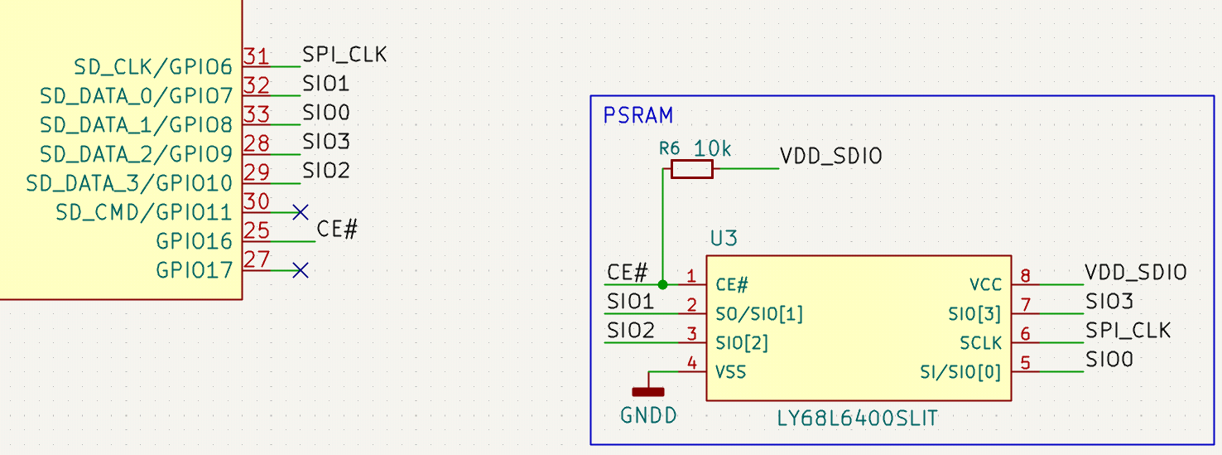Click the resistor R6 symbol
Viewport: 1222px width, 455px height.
pos(692,169)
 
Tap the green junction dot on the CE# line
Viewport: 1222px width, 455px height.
pos(663,284)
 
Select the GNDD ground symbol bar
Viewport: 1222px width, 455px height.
pos(648,392)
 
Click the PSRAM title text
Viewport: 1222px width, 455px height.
pos(637,115)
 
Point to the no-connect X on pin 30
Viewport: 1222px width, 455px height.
pos(301,212)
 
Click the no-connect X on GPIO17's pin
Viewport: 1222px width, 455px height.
pos(301,270)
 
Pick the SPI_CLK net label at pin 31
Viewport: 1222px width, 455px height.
pos(344,55)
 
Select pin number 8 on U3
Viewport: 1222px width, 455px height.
pos(1025,275)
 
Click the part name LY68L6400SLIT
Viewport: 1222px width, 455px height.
pos(857,419)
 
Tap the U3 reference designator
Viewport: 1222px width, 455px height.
pos(724,238)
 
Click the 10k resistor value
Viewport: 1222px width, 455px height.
pos(712,148)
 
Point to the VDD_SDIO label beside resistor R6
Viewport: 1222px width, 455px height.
pos(831,157)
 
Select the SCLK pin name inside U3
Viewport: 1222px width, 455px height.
pos(980,343)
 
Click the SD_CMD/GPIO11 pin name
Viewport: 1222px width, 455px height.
pos(144,212)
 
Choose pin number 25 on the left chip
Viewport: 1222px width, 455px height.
pos(257,230)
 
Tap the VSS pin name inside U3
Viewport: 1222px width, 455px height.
pos(730,372)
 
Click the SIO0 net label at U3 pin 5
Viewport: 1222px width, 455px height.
pos(1109,360)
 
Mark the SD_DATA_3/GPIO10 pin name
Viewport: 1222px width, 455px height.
pos(129,183)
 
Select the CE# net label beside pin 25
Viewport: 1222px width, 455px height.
pos(337,230)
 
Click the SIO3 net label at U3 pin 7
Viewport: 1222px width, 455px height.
pos(1109,301)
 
